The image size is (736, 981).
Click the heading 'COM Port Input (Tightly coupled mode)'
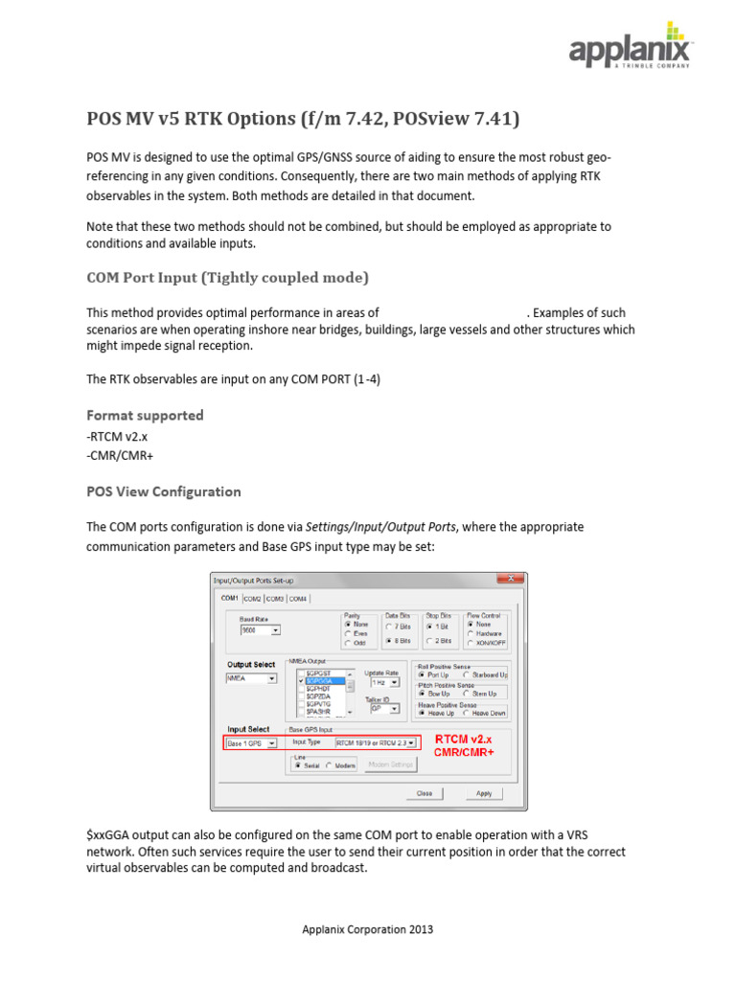tap(227, 278)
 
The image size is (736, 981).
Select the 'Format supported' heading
tap(145, 415)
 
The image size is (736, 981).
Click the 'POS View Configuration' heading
tap(163, 491)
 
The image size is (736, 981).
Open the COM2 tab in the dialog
tap(252, 598)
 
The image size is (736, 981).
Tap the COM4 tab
tap(298, 598)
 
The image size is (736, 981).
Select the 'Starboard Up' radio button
tap(466, 674)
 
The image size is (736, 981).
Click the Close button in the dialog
tap(424, 793)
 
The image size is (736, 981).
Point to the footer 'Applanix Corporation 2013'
tap(368, 929)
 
